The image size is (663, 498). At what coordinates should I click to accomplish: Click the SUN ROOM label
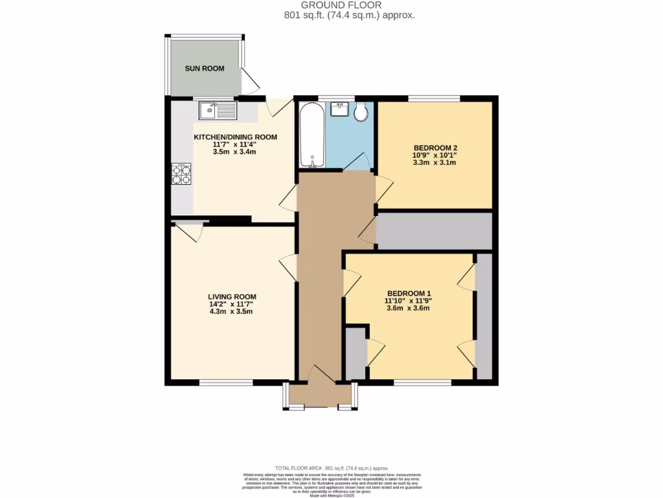(x=205, y=68)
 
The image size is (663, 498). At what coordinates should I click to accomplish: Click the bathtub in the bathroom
(x=312, y=134)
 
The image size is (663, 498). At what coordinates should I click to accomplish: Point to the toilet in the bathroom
(x=361, y=112)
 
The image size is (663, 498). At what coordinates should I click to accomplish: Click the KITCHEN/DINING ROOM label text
(x=236, y=137)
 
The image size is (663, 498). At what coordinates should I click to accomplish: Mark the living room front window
(x=225, y=383)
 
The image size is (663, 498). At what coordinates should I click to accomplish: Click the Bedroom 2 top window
(x=434, y=98)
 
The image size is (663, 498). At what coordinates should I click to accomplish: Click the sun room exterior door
(x=251, y=81)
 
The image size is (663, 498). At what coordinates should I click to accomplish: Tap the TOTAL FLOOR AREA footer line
(x=331, y=468)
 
